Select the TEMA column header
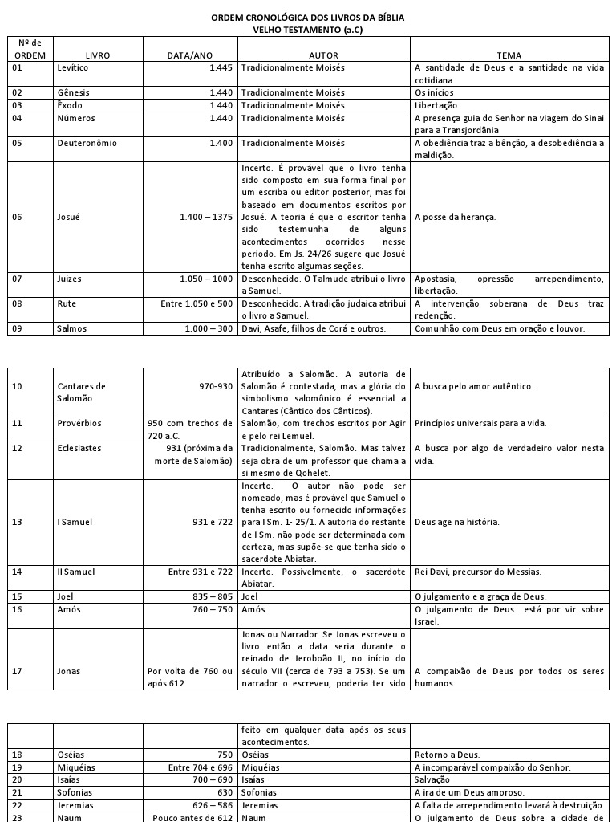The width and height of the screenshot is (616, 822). pos(509,55)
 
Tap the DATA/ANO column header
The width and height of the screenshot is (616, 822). pos(190,55)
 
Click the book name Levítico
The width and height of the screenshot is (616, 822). pos(73,68)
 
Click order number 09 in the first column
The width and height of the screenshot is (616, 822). pos(18,328)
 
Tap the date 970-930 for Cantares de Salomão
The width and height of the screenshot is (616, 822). pos(216,386)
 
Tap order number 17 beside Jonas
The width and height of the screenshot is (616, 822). pos(18,671)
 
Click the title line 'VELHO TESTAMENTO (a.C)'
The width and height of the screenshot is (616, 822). pos(307,30)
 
